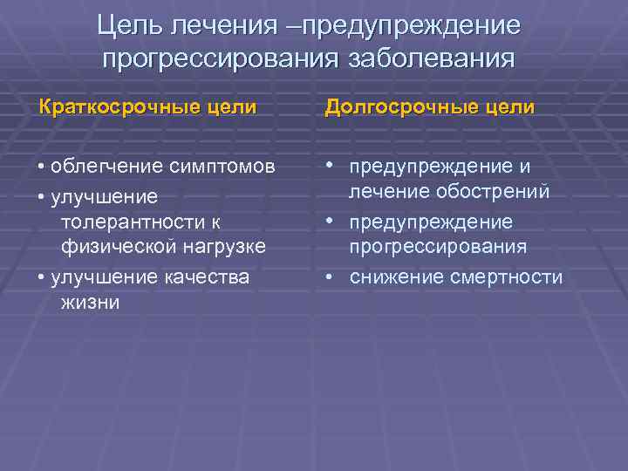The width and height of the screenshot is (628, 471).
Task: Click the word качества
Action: (x=211, y=276)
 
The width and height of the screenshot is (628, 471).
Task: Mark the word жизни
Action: (x=91, y=303)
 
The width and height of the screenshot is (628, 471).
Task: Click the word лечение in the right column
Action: (x=387, y=191)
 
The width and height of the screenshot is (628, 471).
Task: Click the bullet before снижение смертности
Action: (x=331, y=276)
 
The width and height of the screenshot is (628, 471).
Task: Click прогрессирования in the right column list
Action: (x=438, y=247)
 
